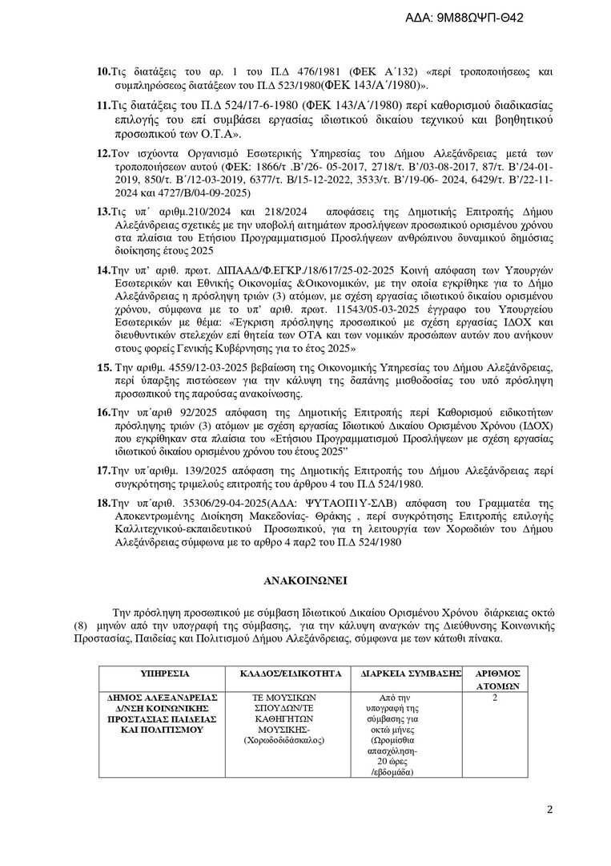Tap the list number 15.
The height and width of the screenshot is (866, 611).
pos(103,366)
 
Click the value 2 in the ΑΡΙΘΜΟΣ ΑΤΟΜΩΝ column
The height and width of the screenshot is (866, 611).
pos(495,698)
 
